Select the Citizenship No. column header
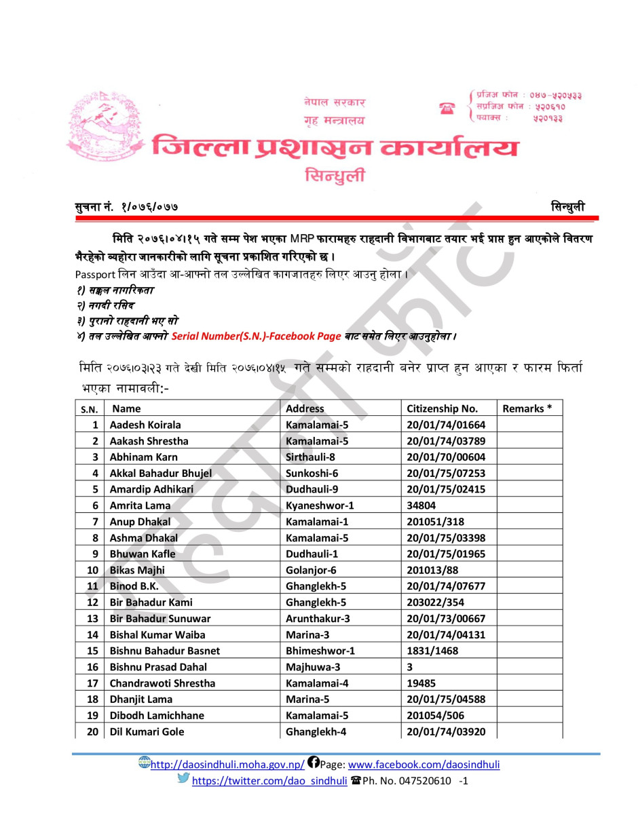[x=442, y=408]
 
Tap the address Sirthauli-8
[x=310, y=457]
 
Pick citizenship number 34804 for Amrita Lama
[x=421, y=505]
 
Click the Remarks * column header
[x=527, y=408]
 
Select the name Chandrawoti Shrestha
[x=162, y=683]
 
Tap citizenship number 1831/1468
[x=432, y=651]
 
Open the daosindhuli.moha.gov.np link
[x=227, y=765]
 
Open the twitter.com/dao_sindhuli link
[x=269, y=781]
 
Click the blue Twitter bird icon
[x=183, y=778]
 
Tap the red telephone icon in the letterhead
[x=447, y=108]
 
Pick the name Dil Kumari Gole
[x=147, y=731]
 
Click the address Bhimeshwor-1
[x=320, y=651]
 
